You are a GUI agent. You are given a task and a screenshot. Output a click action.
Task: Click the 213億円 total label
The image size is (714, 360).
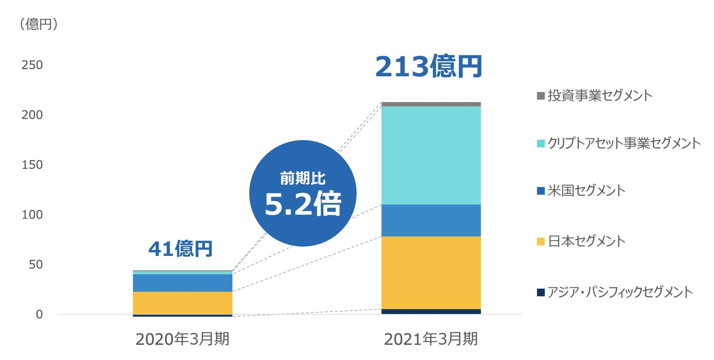[428, 67]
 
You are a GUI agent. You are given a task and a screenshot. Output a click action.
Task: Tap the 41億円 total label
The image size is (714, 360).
[180, 249]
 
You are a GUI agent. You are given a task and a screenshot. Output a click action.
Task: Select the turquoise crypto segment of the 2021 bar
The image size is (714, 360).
[431, 155]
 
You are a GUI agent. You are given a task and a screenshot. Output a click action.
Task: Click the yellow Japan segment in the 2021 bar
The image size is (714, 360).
[431, 273]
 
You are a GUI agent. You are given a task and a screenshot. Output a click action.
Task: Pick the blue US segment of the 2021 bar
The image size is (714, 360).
[431, 221]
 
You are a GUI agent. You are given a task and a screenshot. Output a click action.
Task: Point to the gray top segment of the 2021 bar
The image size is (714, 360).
[431, 104]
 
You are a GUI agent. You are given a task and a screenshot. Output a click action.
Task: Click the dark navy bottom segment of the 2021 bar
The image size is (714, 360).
[431, 312]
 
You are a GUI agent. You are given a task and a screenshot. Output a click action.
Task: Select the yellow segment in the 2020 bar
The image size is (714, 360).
[183, 303]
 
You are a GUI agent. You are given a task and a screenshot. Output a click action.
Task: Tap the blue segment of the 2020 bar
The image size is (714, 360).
[183, 283]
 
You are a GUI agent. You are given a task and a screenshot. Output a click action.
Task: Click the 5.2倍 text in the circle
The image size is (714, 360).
[303, 204]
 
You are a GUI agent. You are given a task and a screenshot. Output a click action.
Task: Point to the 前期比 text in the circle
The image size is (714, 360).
[303, 179]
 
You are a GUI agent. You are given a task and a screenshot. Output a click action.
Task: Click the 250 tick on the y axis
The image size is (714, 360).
[32, 65]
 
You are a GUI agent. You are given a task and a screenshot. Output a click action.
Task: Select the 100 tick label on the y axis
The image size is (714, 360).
[32, 215]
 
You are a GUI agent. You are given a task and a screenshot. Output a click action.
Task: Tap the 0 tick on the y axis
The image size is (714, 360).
[39, 315]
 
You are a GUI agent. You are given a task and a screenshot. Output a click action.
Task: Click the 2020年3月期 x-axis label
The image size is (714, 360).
[182, 339]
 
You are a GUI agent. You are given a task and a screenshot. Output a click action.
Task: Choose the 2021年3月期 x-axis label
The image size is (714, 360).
[431, 339]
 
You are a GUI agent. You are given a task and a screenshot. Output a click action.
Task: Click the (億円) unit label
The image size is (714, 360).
[39, 24]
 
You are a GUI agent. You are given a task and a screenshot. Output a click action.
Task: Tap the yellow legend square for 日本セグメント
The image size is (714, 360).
[541, 242]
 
